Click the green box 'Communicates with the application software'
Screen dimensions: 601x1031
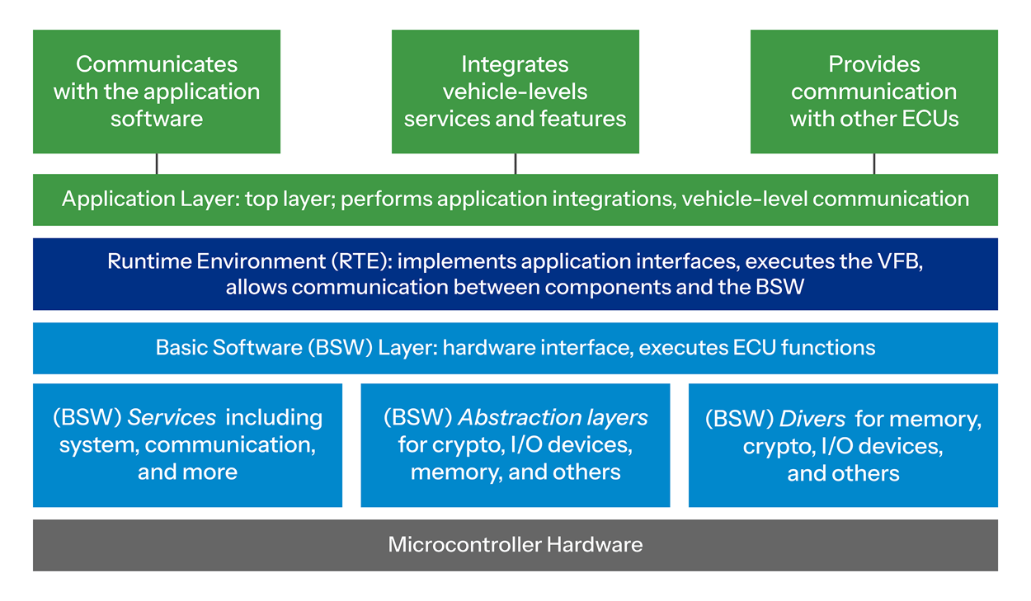point(157,92)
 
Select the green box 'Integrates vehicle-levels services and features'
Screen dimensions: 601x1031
point(515,92)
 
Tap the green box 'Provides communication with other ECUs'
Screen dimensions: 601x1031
point(873,92)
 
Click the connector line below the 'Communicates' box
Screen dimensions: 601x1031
point(157,163)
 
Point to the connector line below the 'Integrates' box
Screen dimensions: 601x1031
point(515,163)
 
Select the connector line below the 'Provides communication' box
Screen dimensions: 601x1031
point(874,163)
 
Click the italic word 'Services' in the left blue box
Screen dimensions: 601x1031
point(172,417)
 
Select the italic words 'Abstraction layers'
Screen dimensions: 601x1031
point(553,417)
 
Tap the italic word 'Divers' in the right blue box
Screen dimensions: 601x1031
point(812,419)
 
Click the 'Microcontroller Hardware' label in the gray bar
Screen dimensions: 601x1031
point(515,545)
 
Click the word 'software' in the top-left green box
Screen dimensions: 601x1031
point(157,119)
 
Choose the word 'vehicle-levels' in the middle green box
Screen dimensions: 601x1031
point(515,92)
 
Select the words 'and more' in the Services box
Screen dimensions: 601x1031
point(187,472)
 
